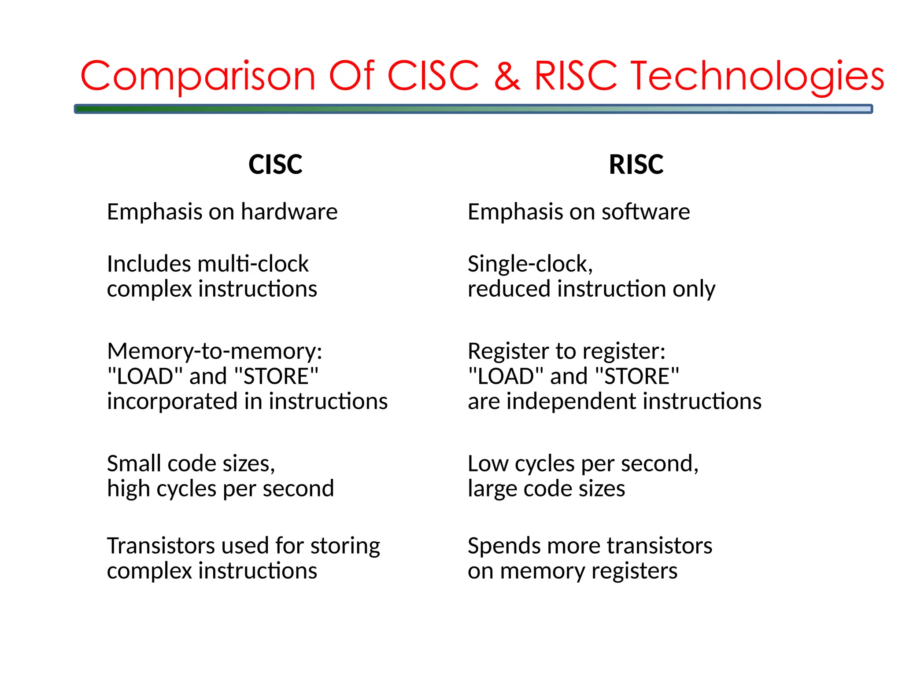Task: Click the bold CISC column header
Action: pos(275,165)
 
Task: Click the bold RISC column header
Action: pos(636,165)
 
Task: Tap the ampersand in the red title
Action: pos(507,76)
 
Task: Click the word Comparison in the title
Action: pos(198,76)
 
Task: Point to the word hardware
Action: pos(289,212)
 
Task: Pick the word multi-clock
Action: pos(253,264)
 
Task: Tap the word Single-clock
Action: pos(530,264)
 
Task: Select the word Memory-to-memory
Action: pos(214,351)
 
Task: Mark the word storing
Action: pos(345,546)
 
